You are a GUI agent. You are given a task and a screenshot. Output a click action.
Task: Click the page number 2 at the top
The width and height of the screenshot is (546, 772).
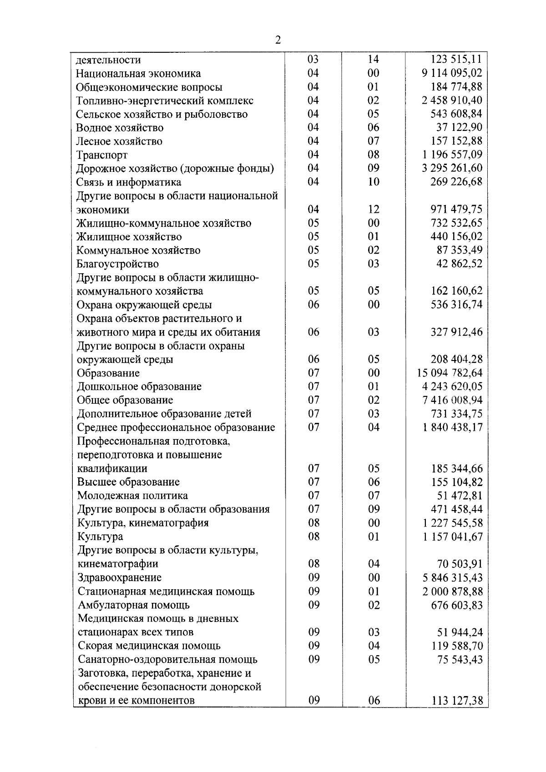(278, 40)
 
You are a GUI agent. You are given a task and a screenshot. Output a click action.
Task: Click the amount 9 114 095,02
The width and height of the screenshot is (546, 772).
(452, 73)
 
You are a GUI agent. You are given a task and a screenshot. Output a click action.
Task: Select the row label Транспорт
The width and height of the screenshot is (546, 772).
(102, 155)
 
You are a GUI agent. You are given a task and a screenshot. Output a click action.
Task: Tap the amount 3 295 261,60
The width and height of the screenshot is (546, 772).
(452, 168)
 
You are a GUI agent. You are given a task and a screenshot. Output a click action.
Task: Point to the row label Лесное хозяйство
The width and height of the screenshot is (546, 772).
(119, 141)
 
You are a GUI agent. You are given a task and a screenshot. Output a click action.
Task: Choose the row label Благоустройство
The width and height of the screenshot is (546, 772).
(117, 264)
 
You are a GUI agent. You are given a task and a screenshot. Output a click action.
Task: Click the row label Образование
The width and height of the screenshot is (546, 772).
(108, 373)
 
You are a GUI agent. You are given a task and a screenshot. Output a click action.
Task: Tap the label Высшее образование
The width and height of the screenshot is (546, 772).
(128, 482)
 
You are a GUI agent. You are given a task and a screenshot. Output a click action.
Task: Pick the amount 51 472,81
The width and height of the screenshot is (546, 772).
(460, 496)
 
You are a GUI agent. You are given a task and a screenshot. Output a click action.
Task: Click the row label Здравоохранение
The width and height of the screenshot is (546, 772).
(120, 577)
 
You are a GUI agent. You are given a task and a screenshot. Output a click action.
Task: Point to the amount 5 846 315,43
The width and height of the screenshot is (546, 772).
(452, 578)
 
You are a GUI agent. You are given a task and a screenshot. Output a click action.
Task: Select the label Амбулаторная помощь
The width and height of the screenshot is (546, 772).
(134, 605)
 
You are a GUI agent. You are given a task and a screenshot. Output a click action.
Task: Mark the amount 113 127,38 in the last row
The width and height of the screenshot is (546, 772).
(457, 701)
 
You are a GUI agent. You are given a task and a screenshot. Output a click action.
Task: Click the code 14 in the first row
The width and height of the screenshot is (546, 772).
(373, 60)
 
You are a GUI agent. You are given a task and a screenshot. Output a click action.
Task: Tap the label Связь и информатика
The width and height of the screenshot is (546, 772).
(129, 182)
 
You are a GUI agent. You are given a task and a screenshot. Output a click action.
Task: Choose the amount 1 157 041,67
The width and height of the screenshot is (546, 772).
(452, 537)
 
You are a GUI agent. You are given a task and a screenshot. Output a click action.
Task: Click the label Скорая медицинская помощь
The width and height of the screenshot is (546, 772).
(149, 646)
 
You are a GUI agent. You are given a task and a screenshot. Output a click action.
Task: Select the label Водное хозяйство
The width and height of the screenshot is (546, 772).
(120, 128)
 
